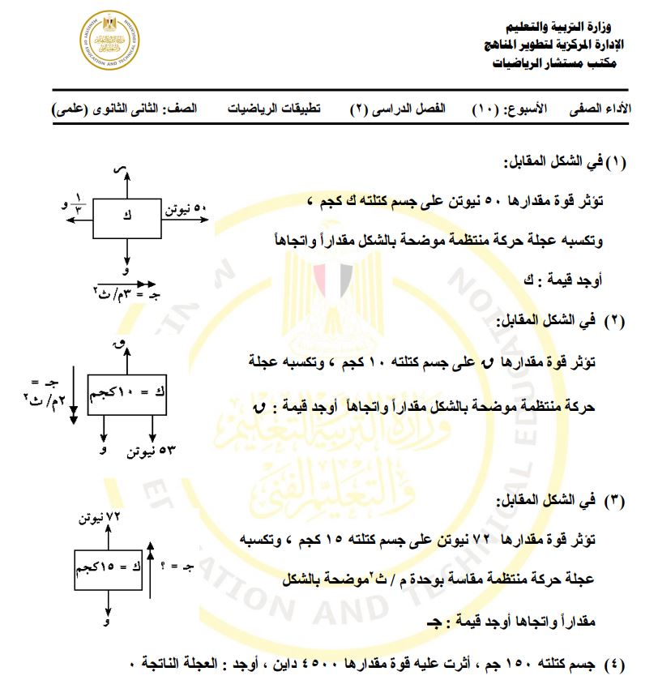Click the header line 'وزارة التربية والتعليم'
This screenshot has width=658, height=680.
[560, 27]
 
